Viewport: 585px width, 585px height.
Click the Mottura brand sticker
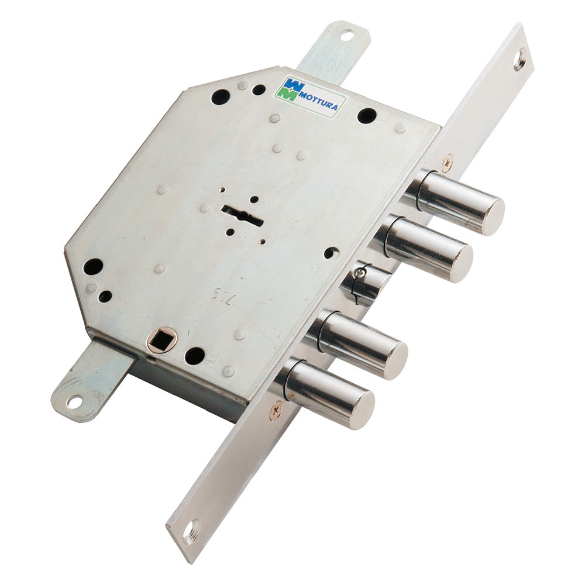(x=310, y=97)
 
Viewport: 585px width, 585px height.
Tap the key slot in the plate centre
(x=242, y=215)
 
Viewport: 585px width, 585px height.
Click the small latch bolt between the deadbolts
(x=366, y=281)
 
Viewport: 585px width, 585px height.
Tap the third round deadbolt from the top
(x=363, y=345)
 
